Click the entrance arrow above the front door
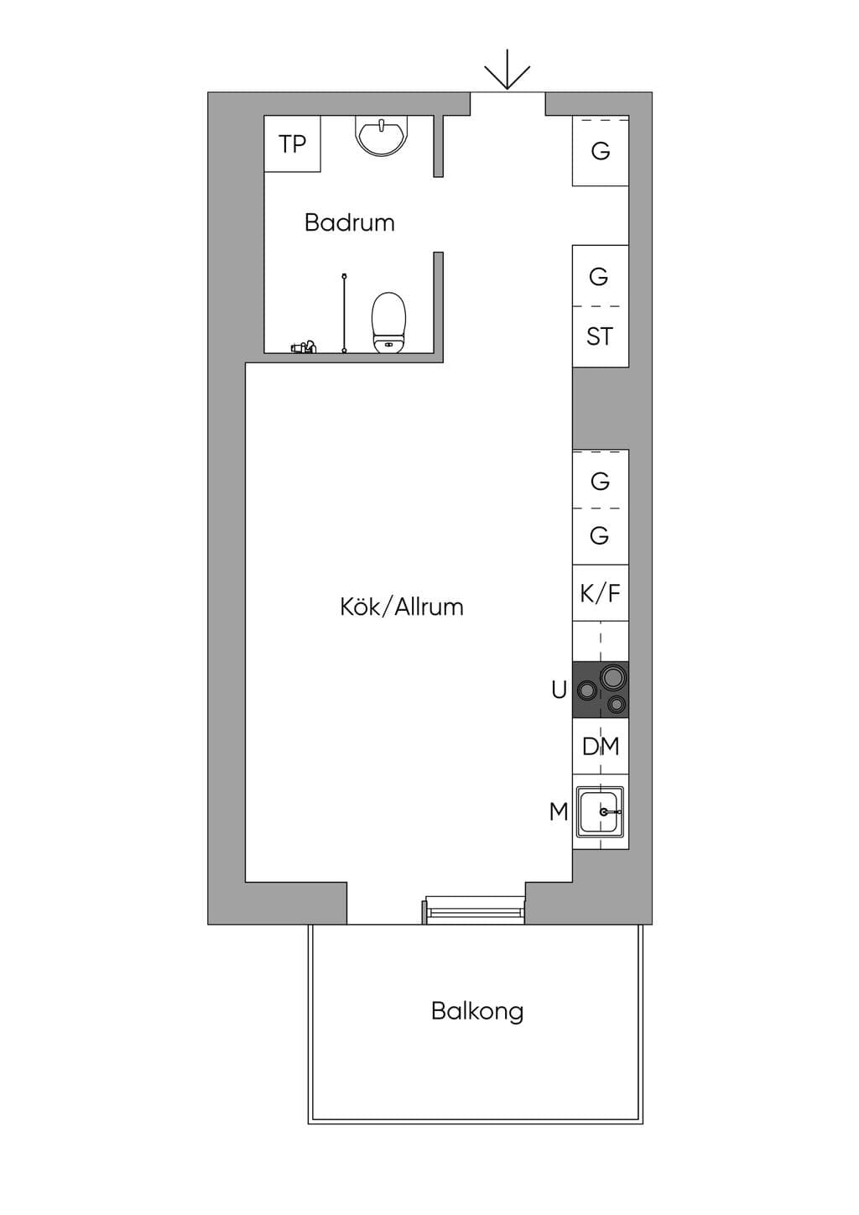pyautogui.click(x=507, y=70)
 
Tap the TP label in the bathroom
pyautogui.click(x=292, y=144)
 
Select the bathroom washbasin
pyautogui.click(x=382, y=136)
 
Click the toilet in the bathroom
pyautogui.click(x=389, y=322)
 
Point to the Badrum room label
pyautogui.click(x=350, y=223)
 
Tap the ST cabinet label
pyautogui.click(x=599, y=336)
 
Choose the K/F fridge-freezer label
pyautogui.click(x=601, y=593)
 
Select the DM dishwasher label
pyautogui.click(x=601, y=747)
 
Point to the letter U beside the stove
pyautogui.click(x=560, y=691)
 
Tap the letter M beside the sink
pyautogui.click(x=560, y=812)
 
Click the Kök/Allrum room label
pyautogui.click(x=402, y=607)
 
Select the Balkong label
pyautogui.click(x=478, y=1012)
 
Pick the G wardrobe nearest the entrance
pyautogui.click(x=601, y=151)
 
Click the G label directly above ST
pyautogui.click(x=599, y=277)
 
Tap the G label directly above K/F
pyautogui.click(x=599, y=536)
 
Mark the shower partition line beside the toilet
pyautogui.click(x=345, y=314)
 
